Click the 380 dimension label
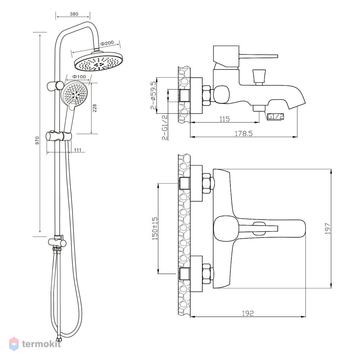[x=74, y=14]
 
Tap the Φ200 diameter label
[x=107, y=43]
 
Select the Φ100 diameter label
[x=79, y=77]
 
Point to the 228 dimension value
[x=94, y=108]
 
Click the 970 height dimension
[x=37, y=140]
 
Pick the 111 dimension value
[x=78, y=150]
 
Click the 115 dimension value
[x=224, y=119]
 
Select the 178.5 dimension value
[x=243, y=134]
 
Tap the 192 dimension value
[x=248, y=313]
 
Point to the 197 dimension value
[x=328, y=229]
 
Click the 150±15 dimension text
[x=155, y=229]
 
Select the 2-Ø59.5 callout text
[x=153, y=95]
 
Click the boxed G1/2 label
[x=275, y=117]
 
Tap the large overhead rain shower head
[x=98, y=60]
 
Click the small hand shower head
[x=74, y=94]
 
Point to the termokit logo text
[x=41, y=344]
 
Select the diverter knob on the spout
[x=259, y=77]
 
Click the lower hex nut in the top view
[x=206, y=274]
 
